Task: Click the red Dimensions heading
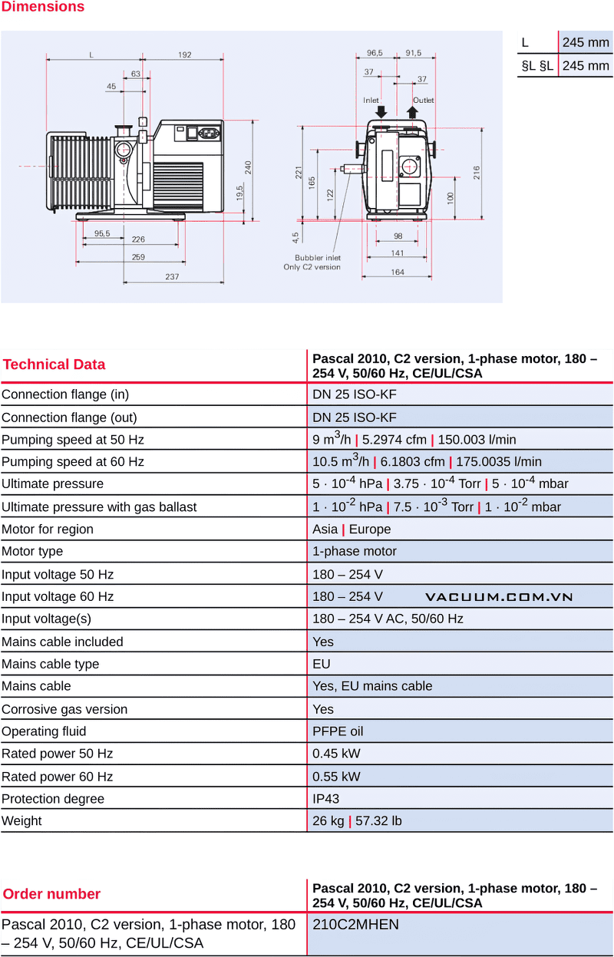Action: [42, 7]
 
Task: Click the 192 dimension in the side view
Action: [185, 54]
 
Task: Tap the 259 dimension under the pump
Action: [138, 257]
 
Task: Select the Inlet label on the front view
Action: [371, 101]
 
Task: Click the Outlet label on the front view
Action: [424, 101]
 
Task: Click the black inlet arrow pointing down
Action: [381, 111]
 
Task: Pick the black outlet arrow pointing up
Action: [413, 112]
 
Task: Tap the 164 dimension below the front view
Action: [398, 272]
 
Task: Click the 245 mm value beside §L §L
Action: [586, 66]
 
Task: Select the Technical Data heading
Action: [54, 365]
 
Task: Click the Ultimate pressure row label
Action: [52, 484]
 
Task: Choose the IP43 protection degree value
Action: [325, 799]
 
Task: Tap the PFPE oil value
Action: [338, 731]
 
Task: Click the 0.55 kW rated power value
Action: [336, 777]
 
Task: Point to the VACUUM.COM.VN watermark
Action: [499, 597]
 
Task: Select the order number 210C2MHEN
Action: [355, 925]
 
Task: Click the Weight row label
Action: [21, 821]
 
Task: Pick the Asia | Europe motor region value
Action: [352, 530]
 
